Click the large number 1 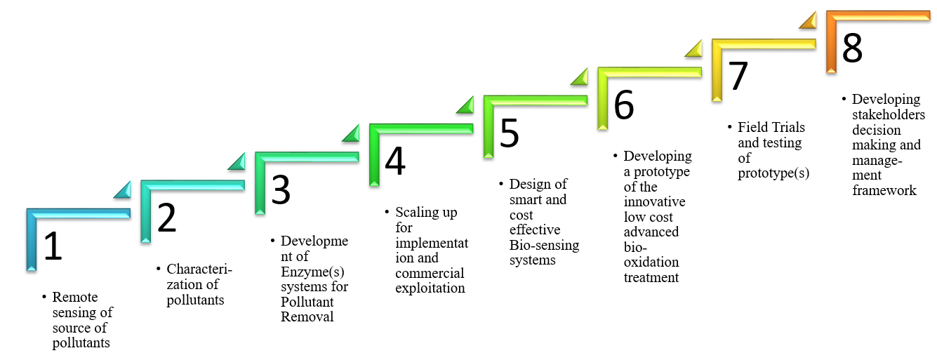53,247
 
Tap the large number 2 167,218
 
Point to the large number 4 395,161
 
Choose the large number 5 510,133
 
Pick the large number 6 623,105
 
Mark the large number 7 738,76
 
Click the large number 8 852,48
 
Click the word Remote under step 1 75,298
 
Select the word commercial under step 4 430,274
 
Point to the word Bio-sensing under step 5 544,245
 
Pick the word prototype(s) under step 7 773,173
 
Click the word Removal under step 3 307,316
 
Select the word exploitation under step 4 430,288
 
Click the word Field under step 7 751,128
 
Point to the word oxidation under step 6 651,262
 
